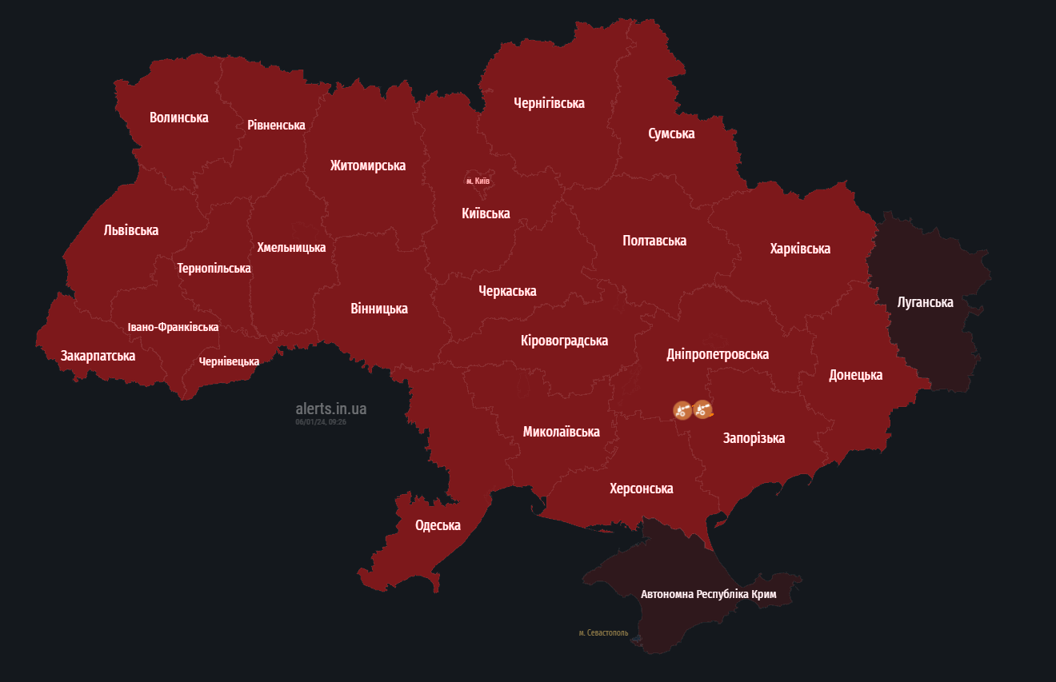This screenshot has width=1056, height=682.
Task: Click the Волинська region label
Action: [178, 118]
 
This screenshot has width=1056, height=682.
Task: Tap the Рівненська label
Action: [276, 125]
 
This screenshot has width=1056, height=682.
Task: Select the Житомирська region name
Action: [367, 166]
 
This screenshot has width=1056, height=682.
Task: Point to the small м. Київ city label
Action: [478, 181]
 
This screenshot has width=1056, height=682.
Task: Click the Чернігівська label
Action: [549, 103]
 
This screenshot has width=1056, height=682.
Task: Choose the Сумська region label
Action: [671, 134]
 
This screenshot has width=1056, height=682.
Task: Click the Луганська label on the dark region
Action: [925, 302]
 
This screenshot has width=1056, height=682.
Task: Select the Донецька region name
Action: [855, 375]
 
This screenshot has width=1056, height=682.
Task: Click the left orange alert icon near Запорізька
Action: [682, 410]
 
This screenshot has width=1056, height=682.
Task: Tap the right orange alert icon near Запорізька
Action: [702, 410]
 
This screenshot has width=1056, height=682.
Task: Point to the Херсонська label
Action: [641, 489]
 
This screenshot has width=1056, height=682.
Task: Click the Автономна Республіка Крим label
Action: [708, 594]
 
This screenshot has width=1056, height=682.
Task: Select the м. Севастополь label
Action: [603, 632]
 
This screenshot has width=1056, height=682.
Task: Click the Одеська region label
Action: [438, 525]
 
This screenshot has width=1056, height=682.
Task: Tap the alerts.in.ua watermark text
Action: [330, 409]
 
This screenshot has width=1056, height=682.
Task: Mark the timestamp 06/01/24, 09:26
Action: [320, 421]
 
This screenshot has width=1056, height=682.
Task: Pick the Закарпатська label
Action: [98, 356]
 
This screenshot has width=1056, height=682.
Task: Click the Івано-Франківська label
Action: [173, 327]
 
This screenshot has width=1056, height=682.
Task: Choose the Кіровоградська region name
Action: [564, 341]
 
